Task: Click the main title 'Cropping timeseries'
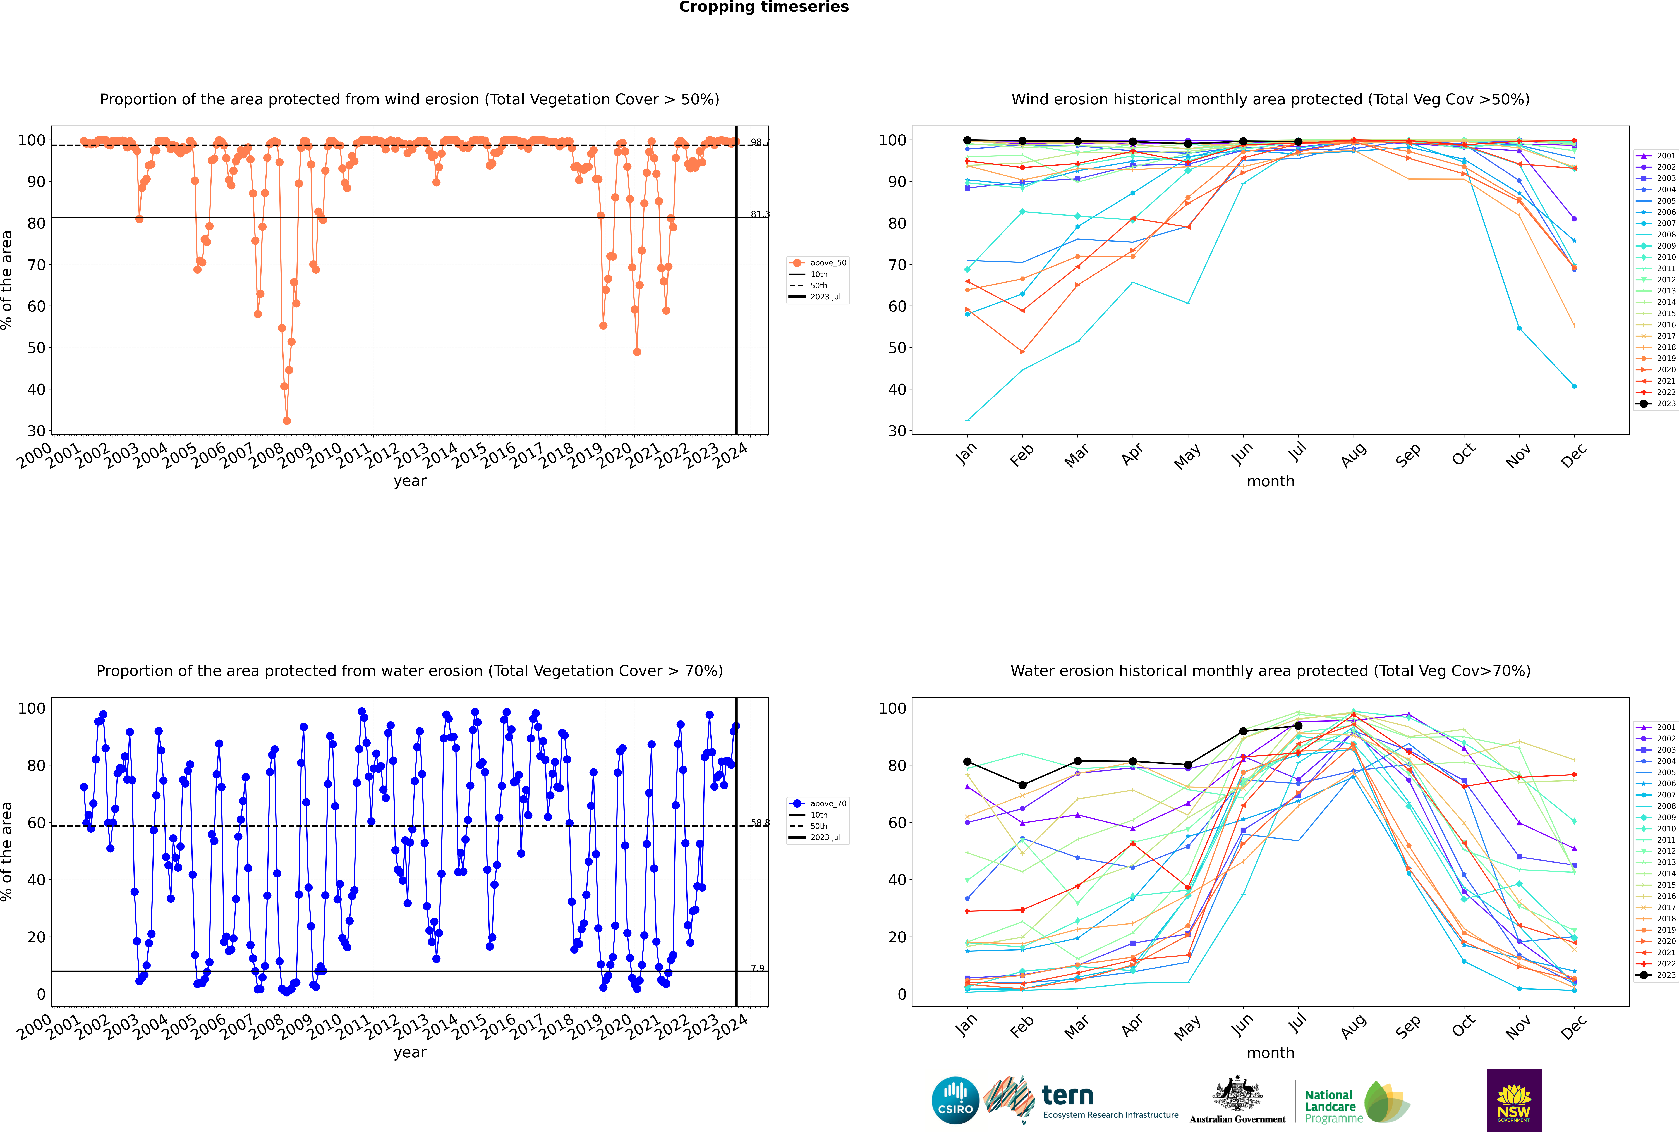pyautogui.click(x=764, y=7)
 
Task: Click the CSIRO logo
pyautogui.click(x=955, y=1100)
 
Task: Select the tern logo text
pyautogui.click(x=1068, y=1096)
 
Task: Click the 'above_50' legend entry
pyautogui.click(x=818, y=263)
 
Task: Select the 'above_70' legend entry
pyautogui.click(x=818, y=804)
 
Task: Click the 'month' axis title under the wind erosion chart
pyautogui.click(x=1270, y=482)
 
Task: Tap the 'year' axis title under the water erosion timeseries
pyautogui.click(x=410, y=1053)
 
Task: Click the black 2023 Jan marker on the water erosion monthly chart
pyautogui.click(x=967, y=762)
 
